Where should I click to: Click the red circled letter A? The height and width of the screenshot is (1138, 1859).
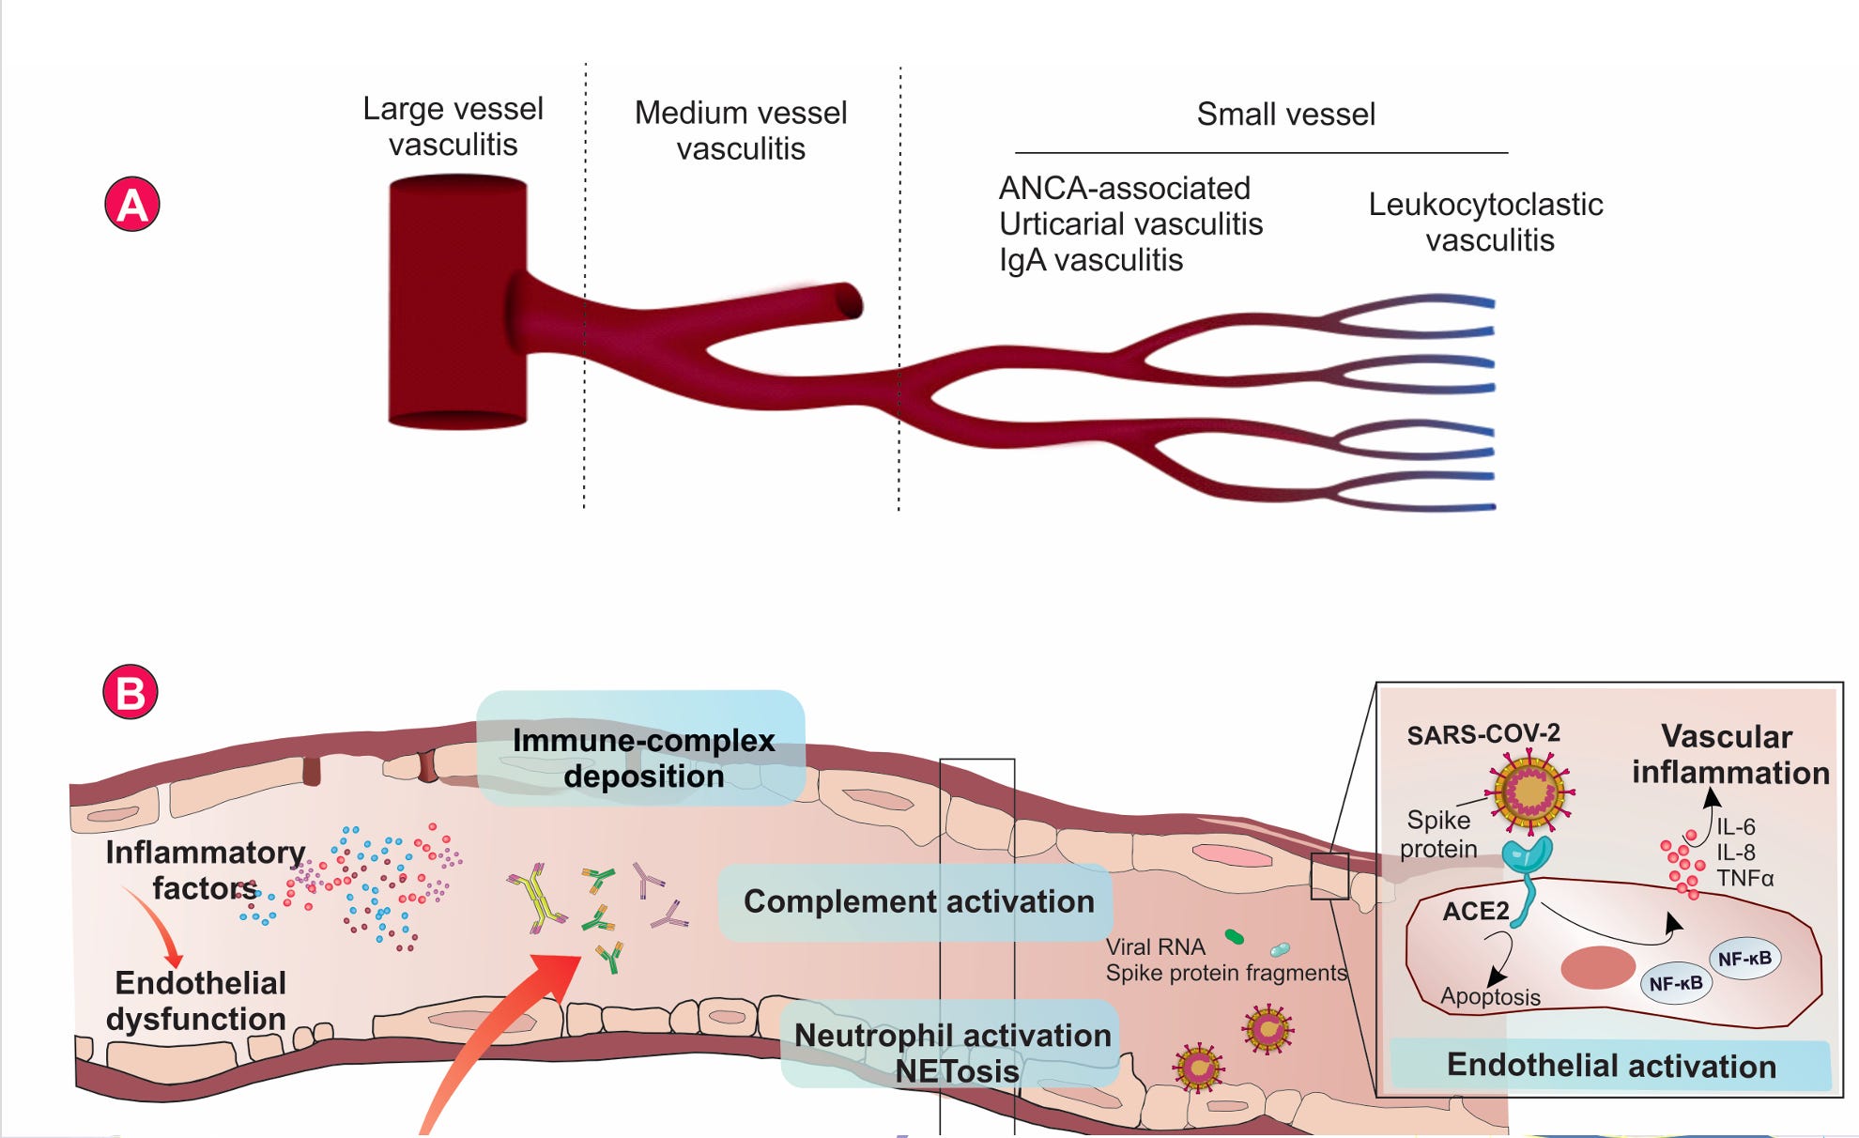[132, 205]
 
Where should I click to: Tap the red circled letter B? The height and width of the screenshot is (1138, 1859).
[131, 693]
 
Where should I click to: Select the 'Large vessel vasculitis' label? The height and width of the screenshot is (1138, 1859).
[453, 127]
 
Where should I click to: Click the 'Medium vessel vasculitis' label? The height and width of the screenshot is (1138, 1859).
[741, 131]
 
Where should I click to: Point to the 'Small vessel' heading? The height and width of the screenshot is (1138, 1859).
[1285, 115]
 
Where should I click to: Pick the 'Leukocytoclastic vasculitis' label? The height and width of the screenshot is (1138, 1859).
[1486, 223]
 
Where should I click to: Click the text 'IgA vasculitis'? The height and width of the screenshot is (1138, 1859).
[1091, 260]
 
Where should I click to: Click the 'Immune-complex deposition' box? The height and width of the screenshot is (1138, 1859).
[643, 758]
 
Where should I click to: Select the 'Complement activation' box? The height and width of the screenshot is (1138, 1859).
[918, 901]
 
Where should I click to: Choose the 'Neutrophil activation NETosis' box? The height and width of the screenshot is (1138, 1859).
[953, 1053]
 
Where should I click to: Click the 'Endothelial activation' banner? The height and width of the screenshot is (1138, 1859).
[1611, 1066]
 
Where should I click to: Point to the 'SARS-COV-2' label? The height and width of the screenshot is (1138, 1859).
[1483, 734]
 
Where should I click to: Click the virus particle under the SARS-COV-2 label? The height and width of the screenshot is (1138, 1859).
[1530, 792]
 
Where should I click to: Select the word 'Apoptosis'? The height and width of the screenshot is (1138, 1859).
[1490, 997]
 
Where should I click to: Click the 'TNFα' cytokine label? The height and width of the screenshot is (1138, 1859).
[1744, 879]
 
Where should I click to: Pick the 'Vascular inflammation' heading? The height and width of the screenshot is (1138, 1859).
[1729, 754]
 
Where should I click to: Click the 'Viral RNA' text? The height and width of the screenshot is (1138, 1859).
[1155, 946]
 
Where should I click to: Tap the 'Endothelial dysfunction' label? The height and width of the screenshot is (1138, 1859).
[197, 1001]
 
